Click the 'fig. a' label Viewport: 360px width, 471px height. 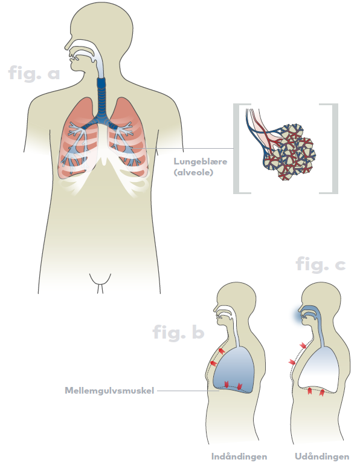34,73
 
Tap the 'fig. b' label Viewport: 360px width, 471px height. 179,332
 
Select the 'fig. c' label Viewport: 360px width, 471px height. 321,264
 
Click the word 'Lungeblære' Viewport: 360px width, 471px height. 201,161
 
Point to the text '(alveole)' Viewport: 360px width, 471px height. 193,172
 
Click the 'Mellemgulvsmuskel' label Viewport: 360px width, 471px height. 109,391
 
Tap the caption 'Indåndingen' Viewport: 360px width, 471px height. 239,456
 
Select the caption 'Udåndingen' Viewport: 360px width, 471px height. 322,456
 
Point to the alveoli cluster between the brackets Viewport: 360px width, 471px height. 288,150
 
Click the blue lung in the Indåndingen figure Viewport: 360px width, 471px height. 234,370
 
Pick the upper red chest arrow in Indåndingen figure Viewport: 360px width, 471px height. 221,351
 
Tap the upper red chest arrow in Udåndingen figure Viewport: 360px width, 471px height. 303,345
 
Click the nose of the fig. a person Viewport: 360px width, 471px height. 67,47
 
